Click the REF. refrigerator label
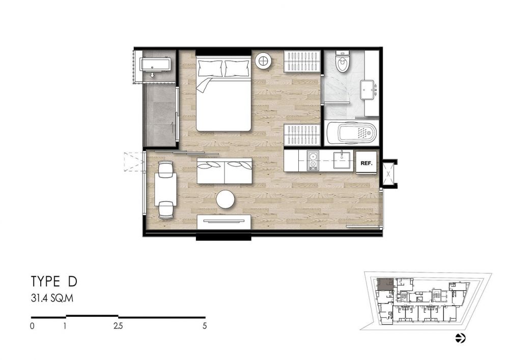point(366,163)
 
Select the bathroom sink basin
point(369,89)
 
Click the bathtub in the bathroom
point(352,133)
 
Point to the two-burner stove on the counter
point(313,161)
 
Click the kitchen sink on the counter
point(343,160)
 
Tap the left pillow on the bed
point(209,68)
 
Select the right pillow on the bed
point(237,68)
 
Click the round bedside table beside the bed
point(264,61)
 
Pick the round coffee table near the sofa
point(225,199)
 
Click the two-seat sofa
point(225,171)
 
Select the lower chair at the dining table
point(165,210)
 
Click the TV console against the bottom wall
point(224,221)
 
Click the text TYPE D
point(54,282)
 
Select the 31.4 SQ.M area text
point(52,298)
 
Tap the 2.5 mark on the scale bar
point(118,326)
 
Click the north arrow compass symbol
point(460,338)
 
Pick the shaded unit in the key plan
point(385,284)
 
